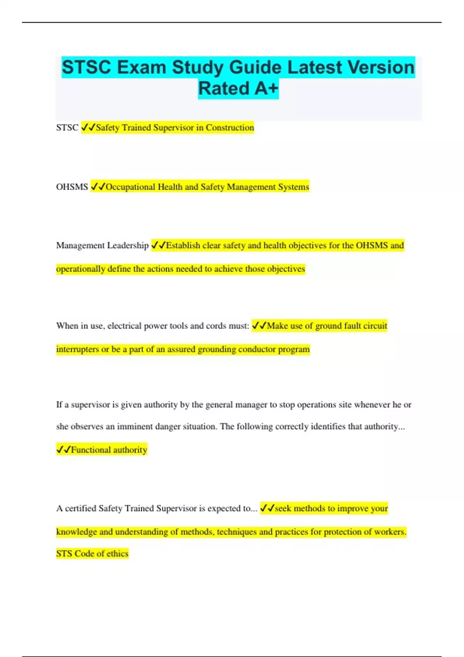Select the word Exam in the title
click(x=142, y=67)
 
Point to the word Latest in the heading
click(x=314, y=67)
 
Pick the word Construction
click(x=230, y=128)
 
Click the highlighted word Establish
click(x=183, y=245)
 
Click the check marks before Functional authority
click(x=63, y=449)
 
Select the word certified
click(x=80, y=509)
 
